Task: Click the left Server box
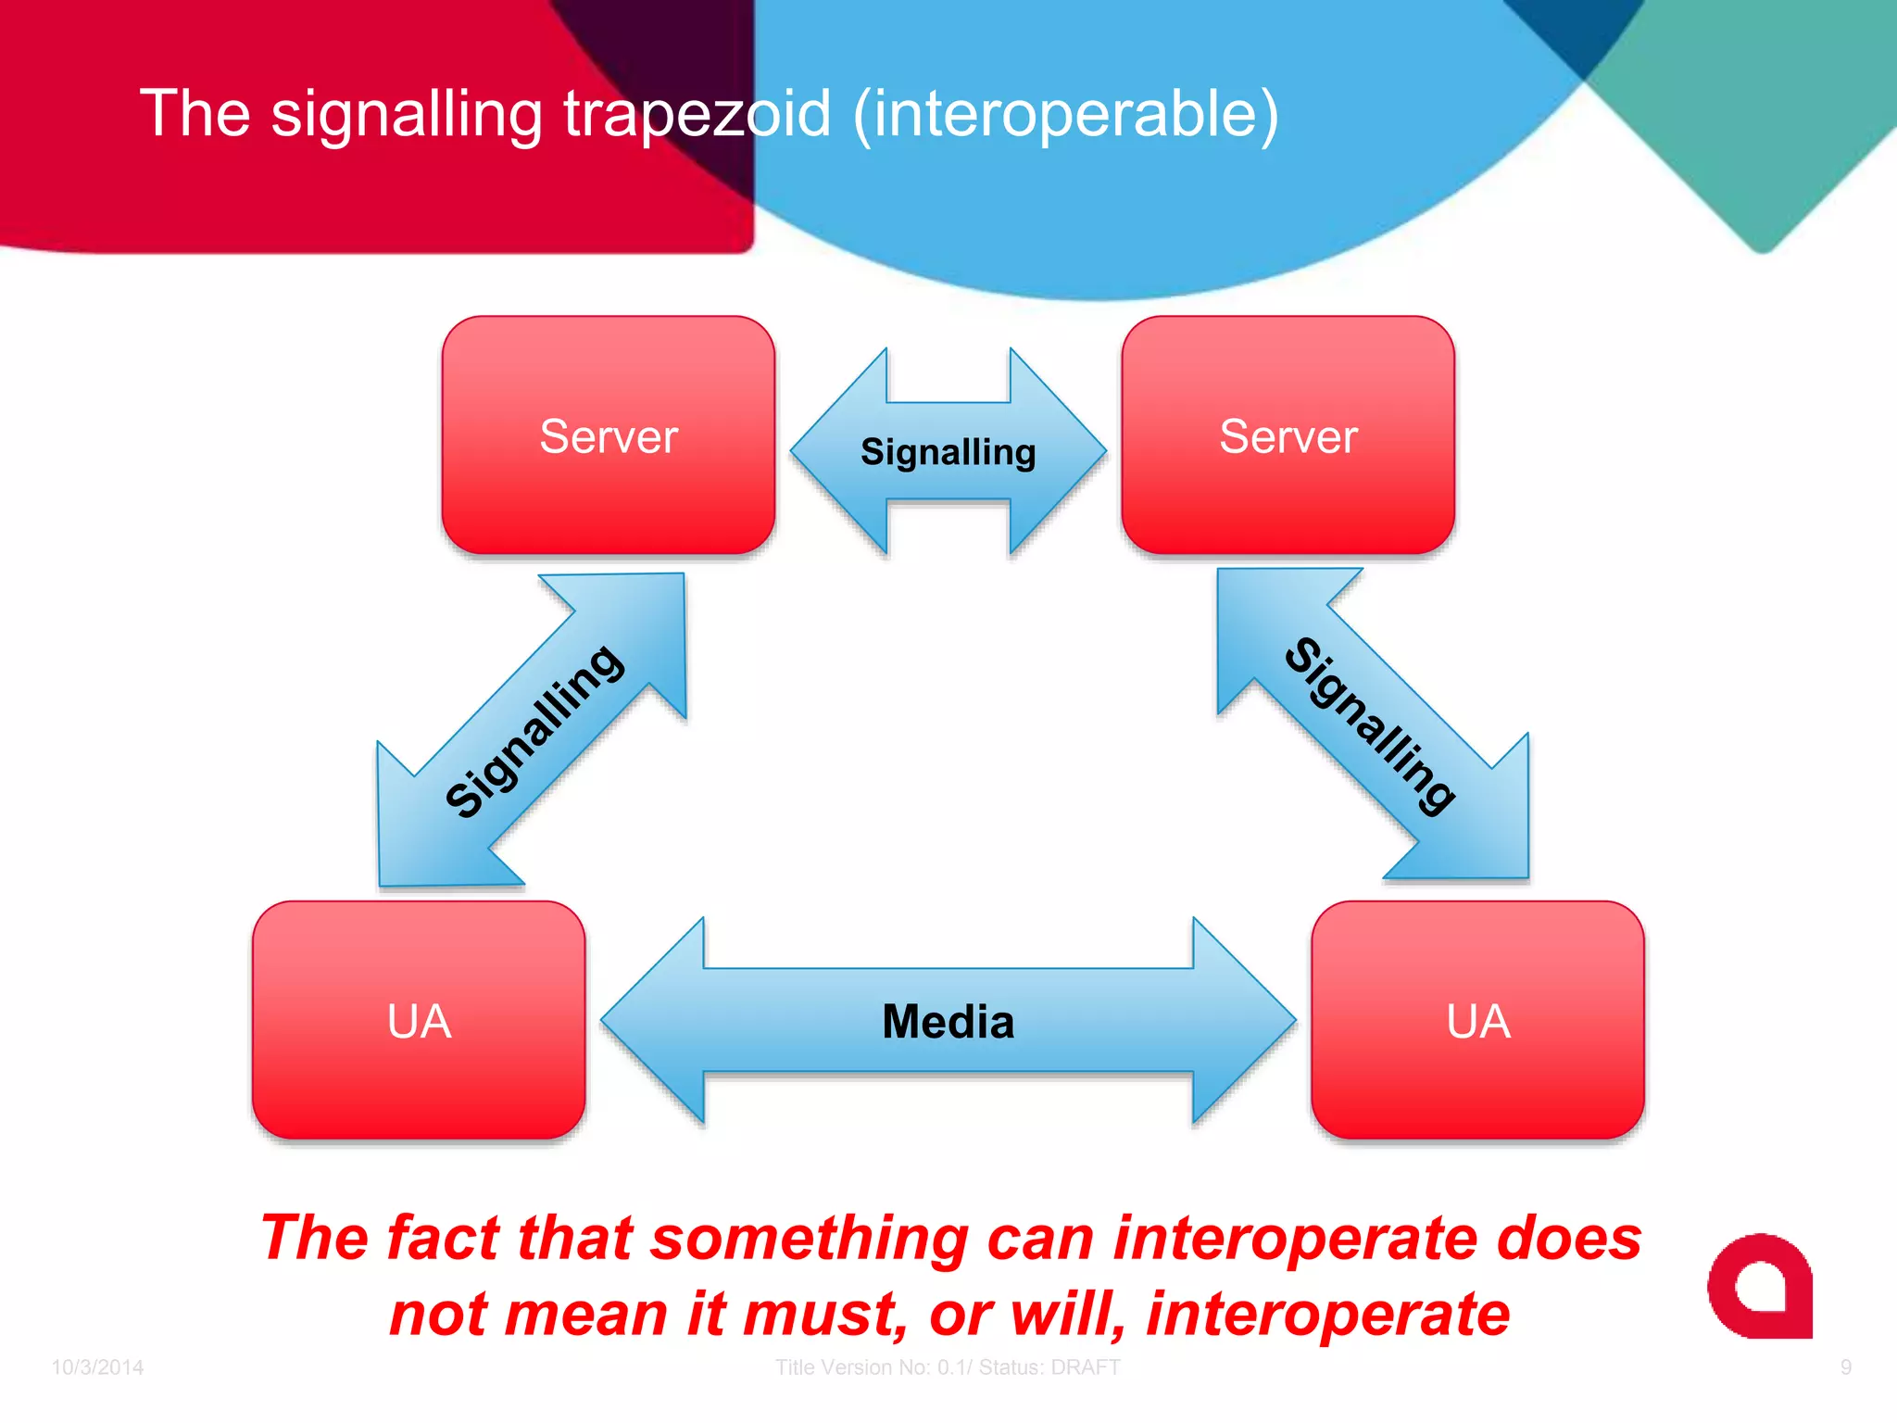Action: pos(608,435)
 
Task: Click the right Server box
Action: pos(1288,435)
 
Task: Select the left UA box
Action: pos(419,1020)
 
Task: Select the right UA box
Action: pos(1477,1020)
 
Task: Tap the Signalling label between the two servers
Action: pos(948,452)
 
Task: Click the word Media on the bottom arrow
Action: pos(948,1022)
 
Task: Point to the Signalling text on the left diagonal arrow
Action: pos(534,732)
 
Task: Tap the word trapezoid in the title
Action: pos(697,114)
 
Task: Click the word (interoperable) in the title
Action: pos(1065,114)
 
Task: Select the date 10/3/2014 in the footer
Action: pos(97,1367)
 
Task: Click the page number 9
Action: pos(1845,1367)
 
